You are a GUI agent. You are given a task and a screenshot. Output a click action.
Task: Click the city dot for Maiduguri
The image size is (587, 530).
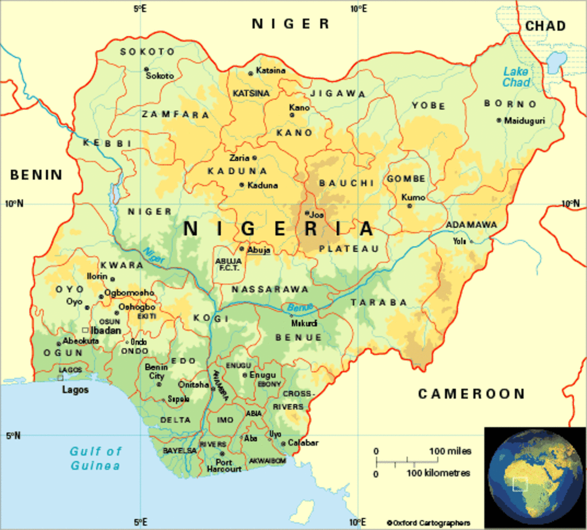pos(499,120)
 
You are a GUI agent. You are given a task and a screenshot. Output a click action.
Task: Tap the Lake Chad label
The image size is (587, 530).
pos(516,77)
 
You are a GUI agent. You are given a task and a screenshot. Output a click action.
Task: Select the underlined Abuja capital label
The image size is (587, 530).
pos(258,250)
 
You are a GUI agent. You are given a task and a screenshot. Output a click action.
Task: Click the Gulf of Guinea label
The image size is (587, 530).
pos(95,458)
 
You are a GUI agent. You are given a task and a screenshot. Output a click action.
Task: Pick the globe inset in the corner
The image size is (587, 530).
pos(535,478)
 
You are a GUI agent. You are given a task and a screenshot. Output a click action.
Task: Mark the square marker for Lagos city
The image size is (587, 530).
pos(60,378)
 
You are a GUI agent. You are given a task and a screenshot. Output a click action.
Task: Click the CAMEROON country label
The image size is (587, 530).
pos(471,394)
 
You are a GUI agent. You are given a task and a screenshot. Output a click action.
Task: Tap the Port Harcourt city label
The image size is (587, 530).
pos(224,465)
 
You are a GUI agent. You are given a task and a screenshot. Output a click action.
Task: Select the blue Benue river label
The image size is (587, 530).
pos(300,308)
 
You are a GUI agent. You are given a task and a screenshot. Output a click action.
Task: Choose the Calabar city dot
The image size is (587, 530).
pos(283,444)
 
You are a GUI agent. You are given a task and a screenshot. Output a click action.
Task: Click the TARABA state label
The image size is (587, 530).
pos(379,303)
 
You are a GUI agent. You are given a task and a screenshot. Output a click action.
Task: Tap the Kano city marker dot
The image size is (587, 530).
pos(292,115)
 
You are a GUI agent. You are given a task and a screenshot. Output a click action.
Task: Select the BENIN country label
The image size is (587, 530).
pos(36,175)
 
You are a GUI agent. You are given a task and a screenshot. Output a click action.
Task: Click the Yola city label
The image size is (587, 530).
pos(459,241)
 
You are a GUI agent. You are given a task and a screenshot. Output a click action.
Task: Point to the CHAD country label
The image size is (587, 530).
pos(545,26)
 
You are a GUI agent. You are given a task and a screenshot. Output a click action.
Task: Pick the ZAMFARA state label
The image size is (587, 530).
pos(175,115)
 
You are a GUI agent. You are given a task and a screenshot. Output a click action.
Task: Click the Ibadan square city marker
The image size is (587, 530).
pos(85,331)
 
